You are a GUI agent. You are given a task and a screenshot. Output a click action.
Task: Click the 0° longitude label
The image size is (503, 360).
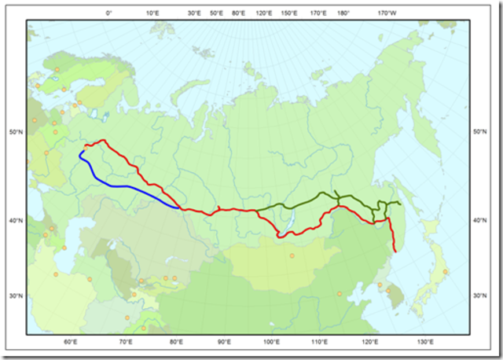pos(109,13)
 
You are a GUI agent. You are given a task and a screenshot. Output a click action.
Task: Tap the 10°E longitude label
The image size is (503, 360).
pos(153,13)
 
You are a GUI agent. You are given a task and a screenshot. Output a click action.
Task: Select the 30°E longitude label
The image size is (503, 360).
pos(194,13)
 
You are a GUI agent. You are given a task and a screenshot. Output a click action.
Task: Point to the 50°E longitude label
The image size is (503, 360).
pos(216,13)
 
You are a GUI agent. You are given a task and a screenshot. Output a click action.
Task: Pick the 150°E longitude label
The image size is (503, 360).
pos(288,13)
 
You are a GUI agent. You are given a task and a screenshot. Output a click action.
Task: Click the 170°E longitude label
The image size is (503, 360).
pos(318,13)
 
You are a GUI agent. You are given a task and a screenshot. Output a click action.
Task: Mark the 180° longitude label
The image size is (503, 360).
pos(343,13)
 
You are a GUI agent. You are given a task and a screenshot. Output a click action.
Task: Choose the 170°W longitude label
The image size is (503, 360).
pos(387,13)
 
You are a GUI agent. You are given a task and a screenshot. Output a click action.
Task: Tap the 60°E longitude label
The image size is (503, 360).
pos(70,342)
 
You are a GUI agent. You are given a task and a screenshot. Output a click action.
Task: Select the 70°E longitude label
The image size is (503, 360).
pos(126,342)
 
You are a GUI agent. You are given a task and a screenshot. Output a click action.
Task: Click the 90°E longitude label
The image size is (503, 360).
pos(224,342)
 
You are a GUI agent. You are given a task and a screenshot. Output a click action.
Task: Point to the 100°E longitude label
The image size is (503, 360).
pos(273,342)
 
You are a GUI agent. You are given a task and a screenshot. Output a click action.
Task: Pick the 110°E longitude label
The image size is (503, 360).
pos(321,342)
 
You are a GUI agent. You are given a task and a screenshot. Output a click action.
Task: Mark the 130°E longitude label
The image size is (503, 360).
pos(425,342)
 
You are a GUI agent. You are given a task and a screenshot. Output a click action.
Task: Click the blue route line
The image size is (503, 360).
pos(126,186)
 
